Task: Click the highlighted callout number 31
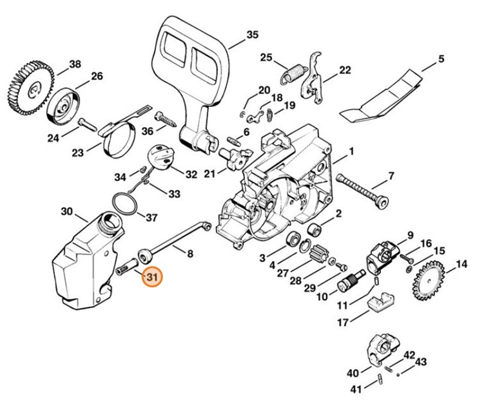[151, 278]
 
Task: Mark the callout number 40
[351, 373]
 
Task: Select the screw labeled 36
[166, 119]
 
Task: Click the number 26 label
[96, 77]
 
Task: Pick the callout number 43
[421, 362]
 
